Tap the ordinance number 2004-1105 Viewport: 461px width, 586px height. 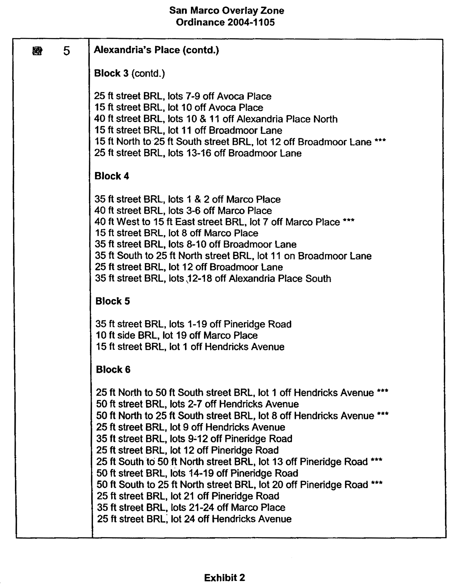point(251,22)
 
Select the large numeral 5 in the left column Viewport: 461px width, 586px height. point(66,51)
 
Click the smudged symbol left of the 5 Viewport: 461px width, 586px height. point(37,51)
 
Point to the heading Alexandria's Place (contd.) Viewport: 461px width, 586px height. point(156,50)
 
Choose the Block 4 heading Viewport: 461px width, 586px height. point(112,176)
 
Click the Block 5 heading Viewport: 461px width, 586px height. point(112,301)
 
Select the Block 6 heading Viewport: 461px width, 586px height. point(113,369)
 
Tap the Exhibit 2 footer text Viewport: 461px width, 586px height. point(224,578)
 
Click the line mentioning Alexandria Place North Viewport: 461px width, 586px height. point(216,119)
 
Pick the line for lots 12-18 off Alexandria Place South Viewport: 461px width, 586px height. point(213,278)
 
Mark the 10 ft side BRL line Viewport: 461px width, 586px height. point(177,335)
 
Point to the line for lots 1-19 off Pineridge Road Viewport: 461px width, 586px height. point(193,324)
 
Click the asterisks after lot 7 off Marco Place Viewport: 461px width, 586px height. point(349,221)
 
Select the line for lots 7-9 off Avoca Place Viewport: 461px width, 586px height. point(183,96)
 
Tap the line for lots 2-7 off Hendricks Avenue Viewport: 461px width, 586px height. point(197,404)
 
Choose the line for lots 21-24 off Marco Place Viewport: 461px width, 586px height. point(191,507)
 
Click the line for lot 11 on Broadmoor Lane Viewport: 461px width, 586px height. point(233,256)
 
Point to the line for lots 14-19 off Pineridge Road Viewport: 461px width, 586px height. point(197,473)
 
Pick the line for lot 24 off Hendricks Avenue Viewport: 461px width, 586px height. point(194,519)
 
